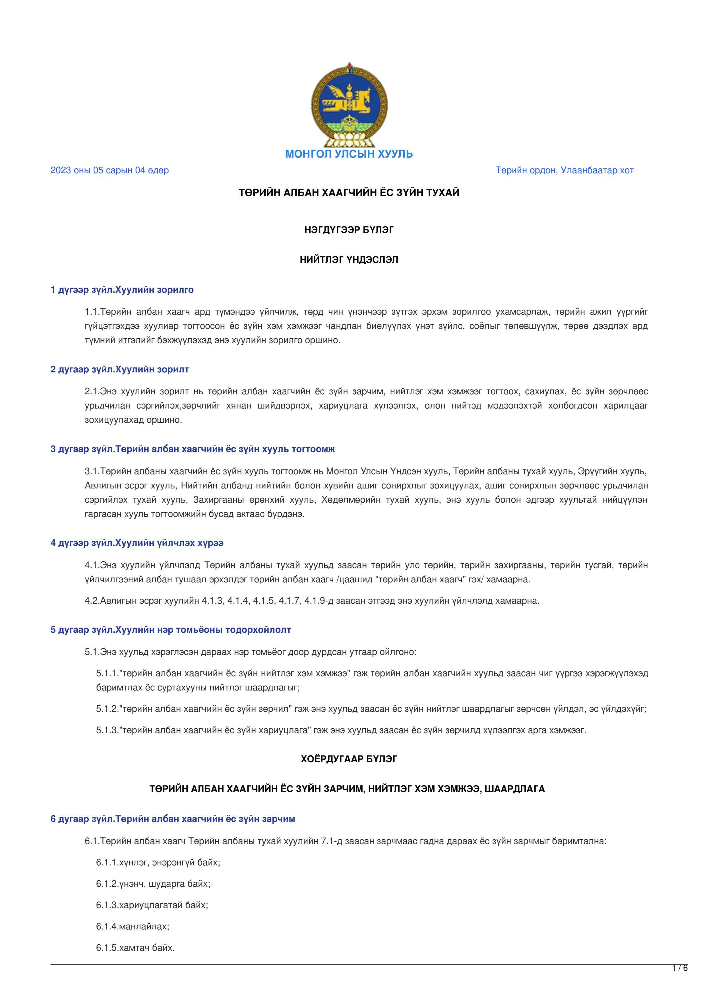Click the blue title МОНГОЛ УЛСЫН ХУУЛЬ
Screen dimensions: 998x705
click(x=349, y=154)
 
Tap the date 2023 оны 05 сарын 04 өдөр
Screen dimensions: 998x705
click(x=109, y=170)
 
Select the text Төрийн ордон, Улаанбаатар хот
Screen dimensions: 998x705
click(x=564, y=170)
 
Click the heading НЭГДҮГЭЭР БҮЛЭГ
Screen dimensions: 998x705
click(x=349, y=230)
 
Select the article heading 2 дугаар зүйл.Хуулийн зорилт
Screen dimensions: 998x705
click(x=120, y=370)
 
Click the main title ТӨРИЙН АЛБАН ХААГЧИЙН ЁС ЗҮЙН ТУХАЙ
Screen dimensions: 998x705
click(x=349, y=193)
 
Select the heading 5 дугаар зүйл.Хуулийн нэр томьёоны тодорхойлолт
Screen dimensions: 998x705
click(x=171, y=629)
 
